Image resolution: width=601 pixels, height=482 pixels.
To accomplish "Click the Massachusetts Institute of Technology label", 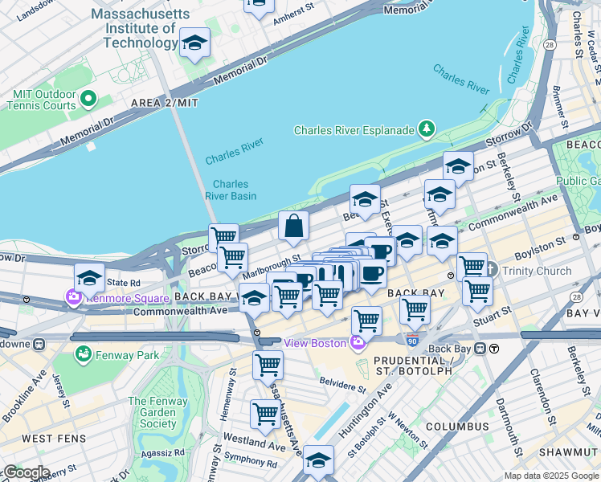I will (141, 28).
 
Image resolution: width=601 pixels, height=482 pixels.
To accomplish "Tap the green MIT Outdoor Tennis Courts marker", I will (88, 100).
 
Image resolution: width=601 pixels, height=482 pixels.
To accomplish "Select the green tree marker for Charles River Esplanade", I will (427, 129).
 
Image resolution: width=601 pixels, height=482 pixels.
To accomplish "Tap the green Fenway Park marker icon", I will (83, 353).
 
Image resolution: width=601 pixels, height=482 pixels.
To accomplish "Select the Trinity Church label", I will (534, 270).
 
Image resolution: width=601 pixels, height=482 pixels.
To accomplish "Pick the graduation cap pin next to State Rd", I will (89, 278).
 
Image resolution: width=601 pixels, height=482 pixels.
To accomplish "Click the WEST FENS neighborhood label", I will (49, 439).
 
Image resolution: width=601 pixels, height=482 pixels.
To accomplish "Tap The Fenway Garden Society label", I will (152, 412).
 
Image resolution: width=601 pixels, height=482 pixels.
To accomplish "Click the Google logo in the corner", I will (26, 472).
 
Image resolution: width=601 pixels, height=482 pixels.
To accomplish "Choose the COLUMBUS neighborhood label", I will (457, 426).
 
